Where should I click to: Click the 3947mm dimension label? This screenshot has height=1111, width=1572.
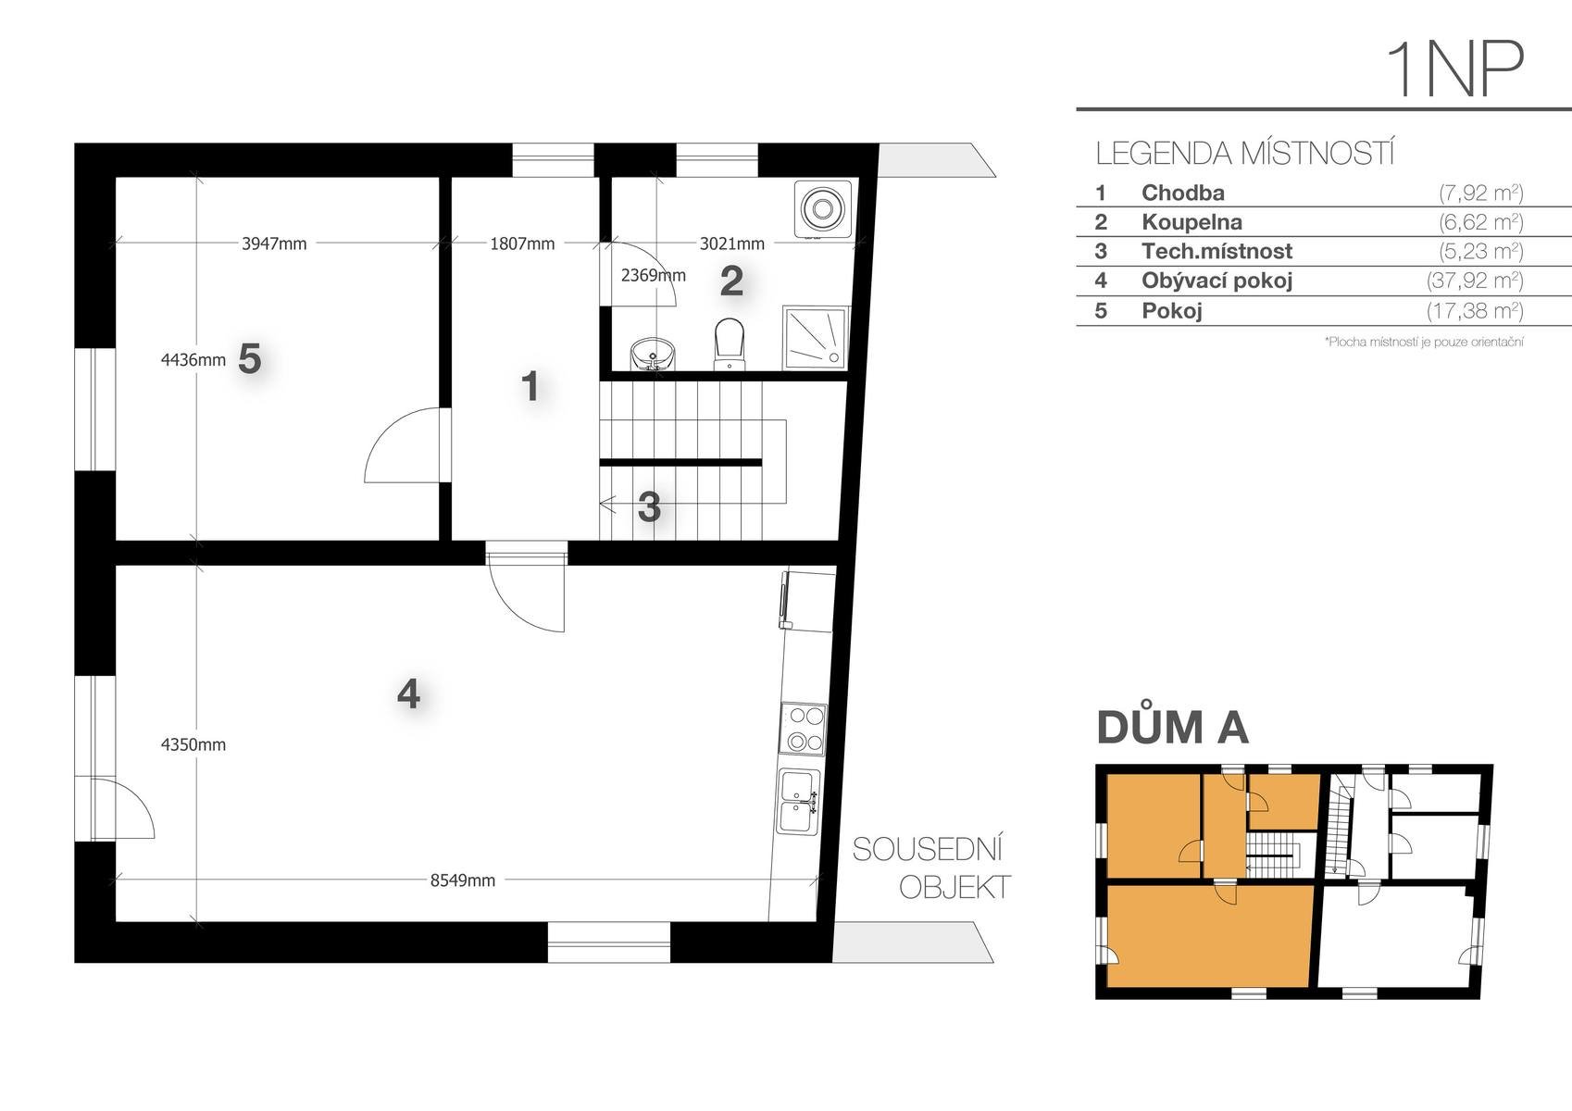tap(274, 243)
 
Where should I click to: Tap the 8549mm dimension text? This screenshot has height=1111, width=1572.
tap(463, 880)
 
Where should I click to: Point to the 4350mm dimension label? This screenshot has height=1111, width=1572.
tap(193, 744)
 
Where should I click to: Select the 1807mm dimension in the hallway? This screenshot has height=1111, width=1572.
tap(522, 243)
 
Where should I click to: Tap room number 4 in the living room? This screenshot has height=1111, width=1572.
tap(408, 694)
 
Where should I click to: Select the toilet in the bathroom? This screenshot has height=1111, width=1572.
tap(730, 343)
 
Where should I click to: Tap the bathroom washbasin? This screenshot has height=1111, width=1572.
tap(653, 353)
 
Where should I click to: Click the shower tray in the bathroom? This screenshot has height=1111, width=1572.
tap(816, 338)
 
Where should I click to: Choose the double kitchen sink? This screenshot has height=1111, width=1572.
tap(799, 802)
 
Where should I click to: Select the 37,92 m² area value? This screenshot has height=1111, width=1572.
tap(1475, 281)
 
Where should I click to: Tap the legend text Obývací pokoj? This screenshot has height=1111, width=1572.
tap(1216, 281)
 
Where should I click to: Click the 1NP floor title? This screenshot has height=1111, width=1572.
tap(1453, 70)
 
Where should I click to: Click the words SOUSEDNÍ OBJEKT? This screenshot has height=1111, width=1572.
tap(931, 868)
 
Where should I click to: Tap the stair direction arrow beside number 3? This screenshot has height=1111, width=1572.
tap(607, 504)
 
